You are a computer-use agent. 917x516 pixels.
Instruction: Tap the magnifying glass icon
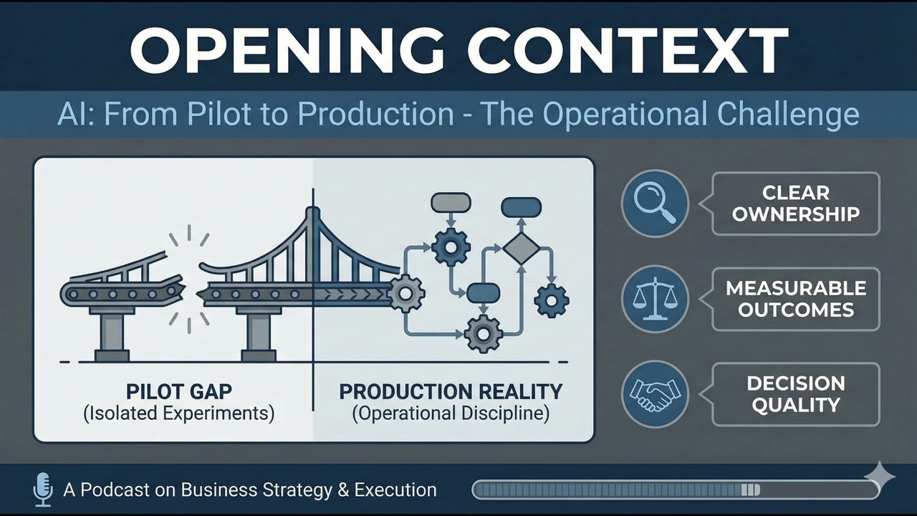655,204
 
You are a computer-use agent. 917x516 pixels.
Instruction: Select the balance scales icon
655,299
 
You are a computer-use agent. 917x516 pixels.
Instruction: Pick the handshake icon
655,393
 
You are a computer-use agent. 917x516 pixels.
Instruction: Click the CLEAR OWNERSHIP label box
795,204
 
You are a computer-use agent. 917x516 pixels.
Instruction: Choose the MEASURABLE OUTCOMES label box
795,299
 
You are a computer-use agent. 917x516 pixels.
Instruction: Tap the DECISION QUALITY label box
795,393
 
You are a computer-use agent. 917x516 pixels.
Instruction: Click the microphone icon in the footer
43,489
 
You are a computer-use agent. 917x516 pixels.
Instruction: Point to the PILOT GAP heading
178,392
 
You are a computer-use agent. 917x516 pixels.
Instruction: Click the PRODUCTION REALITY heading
451,392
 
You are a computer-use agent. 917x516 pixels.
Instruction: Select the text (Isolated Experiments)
178,414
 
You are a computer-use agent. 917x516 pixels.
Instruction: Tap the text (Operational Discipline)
451,414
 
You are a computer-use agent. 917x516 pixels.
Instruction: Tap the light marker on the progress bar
750,490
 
